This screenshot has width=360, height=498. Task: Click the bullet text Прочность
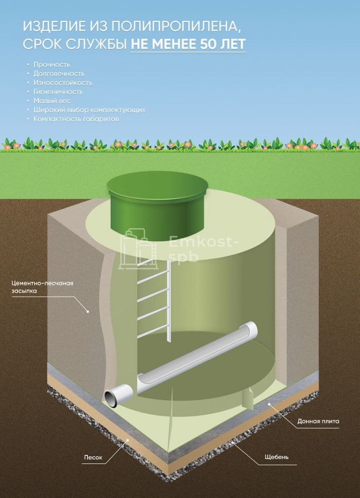pyautogui.click(x=51, y=65)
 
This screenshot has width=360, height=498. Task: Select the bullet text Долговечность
pyautogui.click(x=59, y=73)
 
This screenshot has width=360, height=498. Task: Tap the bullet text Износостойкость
pyautogui.click(x=63, y=83)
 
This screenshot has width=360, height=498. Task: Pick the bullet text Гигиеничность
pyautogui.click(x=58, y=92)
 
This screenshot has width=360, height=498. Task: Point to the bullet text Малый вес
pyautogui.click(x=51, y=101)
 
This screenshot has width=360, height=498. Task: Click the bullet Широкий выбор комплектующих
pyautogui.click(x=89, y=110)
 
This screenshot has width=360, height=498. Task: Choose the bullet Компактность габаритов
pyautogui.click(x=76, y=119)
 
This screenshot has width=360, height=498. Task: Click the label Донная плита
pyautogui.click(x=318, y=421)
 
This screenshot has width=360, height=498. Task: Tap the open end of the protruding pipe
pyautogui.click(x=111, y=396)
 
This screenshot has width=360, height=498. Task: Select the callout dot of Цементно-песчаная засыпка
pyautogui.click(x=88, y=311)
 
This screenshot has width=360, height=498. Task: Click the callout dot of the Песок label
pyautogui.click(x=128, y=440)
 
